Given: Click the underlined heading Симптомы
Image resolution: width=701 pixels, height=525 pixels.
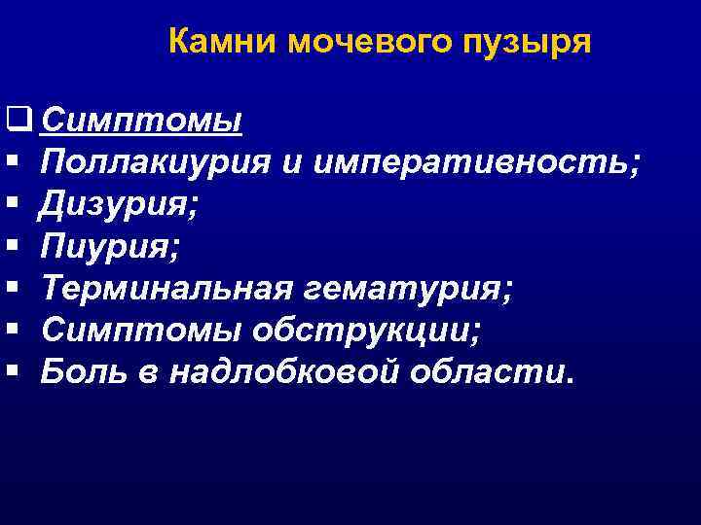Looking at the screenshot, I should [142, 122].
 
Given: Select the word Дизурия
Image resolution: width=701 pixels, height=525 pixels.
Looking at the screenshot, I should [116, 205].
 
